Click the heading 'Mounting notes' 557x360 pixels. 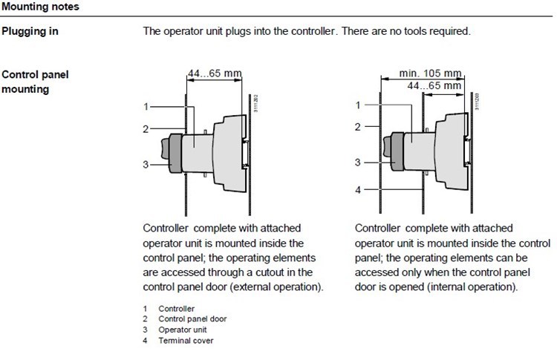(40, 7)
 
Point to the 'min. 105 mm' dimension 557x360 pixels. (430, 73)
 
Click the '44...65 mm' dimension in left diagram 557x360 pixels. (212, 73)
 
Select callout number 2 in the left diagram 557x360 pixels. (147, 128)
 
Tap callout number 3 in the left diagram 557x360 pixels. (146, 164)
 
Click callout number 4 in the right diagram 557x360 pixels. (358, 190)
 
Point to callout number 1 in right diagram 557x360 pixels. (358, 105)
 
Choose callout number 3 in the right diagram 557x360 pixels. (358, 162)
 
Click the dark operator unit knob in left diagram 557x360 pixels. (177, 152)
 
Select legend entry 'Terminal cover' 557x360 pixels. (185, 340)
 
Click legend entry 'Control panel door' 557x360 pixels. (192, 318)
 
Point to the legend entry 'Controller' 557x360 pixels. (176, 308)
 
